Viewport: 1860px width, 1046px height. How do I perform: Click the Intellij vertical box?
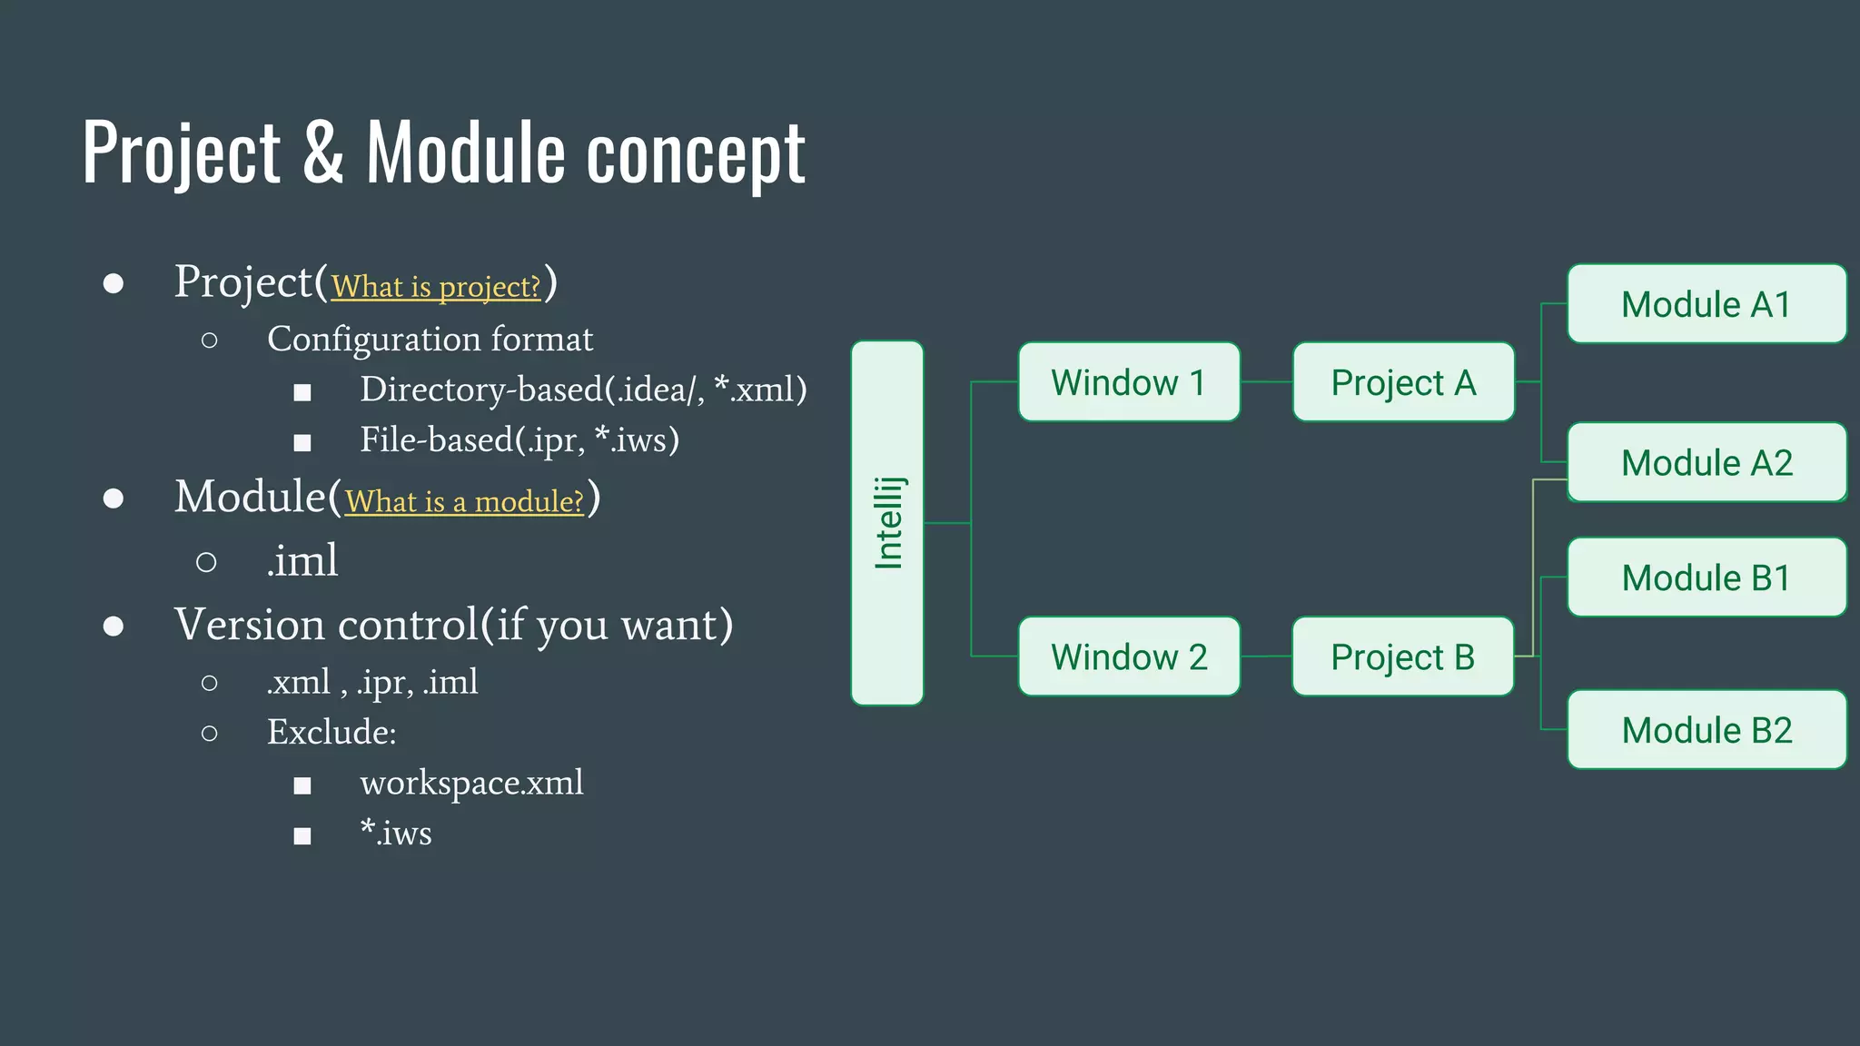click(887, 523)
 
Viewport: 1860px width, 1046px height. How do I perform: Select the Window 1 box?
click(1129, 382)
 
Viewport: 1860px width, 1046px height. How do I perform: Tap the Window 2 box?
click(1129, 656)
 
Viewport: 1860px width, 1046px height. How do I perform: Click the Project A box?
click(1403, 382)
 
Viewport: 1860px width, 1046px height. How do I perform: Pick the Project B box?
click(1403, 656)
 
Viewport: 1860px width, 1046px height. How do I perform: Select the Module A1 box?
click(1707, 304)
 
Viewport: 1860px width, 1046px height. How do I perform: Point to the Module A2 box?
click(1707, 462)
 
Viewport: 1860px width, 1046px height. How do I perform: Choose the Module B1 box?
click(1707, 577)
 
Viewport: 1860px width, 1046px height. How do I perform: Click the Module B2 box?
click(1707, 730)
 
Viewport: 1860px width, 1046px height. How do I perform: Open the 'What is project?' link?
click(436, 287)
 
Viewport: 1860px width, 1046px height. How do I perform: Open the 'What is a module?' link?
click(464, 501)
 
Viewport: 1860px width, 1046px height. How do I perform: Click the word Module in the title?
click(466, 153)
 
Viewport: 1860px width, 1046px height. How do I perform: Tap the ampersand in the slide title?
click(323, 153)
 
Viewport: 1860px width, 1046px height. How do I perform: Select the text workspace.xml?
click(471, 783)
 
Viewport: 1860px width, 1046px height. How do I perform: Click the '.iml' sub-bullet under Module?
click(302, 560)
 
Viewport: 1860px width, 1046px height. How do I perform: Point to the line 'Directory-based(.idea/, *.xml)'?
click(583, 390)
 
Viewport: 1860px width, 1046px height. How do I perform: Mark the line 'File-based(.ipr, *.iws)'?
click(519, 440)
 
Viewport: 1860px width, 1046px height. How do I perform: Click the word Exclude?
click(331, 732)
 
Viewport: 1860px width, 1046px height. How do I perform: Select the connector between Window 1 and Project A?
click(1266, 382)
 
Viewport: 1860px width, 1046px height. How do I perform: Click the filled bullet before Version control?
click(114, 626)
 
